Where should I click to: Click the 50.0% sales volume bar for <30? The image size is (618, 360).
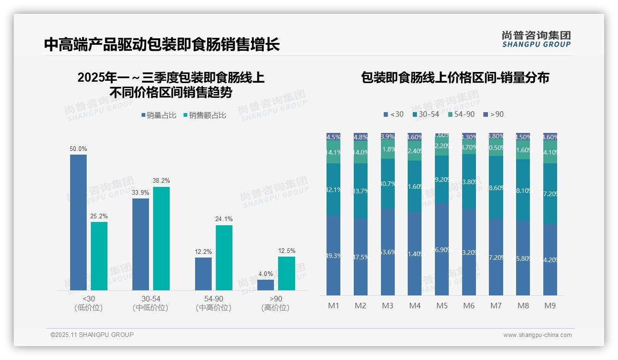tap(78, 222)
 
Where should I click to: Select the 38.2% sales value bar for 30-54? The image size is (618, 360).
tap(161, 238)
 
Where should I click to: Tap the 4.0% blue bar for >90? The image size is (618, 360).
tap(266, 285)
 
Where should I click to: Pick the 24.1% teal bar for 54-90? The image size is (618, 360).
tap(224, 258)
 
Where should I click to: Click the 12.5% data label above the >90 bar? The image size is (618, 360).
tap(286, 251)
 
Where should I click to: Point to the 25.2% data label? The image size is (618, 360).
tap(99, 216)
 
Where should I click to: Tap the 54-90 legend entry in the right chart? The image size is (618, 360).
tap(461, 114)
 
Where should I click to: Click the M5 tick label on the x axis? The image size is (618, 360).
tap(442, 306)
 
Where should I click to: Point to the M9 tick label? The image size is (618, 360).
tap(550, 306)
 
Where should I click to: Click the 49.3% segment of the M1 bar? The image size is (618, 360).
tap(333, 255)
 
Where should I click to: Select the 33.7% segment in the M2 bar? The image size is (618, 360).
tap(360, 191)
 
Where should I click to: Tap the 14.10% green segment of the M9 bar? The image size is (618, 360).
tap(550, 152)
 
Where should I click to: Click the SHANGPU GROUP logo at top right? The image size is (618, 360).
tap(536, 39)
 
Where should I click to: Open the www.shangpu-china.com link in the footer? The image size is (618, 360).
tap(537, 335)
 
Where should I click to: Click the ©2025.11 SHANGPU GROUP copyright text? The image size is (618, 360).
tap(92, 335)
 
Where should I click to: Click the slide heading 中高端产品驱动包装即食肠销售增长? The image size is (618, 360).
tap(162, 45)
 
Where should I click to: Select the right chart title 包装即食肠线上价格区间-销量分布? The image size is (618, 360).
tap(455, 78)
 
